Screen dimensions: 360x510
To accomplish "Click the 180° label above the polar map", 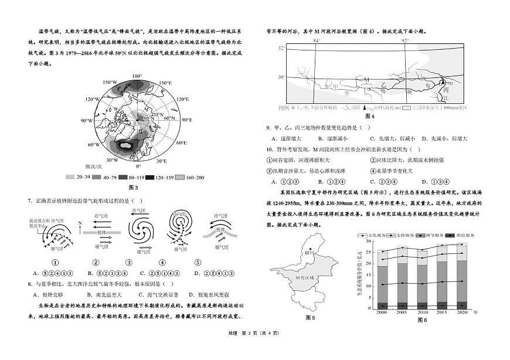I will click(x=137, y=76).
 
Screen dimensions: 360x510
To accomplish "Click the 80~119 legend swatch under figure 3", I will click(x=124, y=176).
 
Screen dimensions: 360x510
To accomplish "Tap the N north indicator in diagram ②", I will click(x=80, y=223).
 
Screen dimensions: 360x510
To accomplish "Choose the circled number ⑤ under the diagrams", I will click(x=198, y=262).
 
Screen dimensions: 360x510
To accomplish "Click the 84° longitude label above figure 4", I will click(x=317, y=40).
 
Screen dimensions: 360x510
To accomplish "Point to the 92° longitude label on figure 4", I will click(x=405, y=40).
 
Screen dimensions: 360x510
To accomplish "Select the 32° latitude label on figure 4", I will click(x=281, y=47).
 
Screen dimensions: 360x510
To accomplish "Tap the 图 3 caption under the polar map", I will click(x=132, y=188).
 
